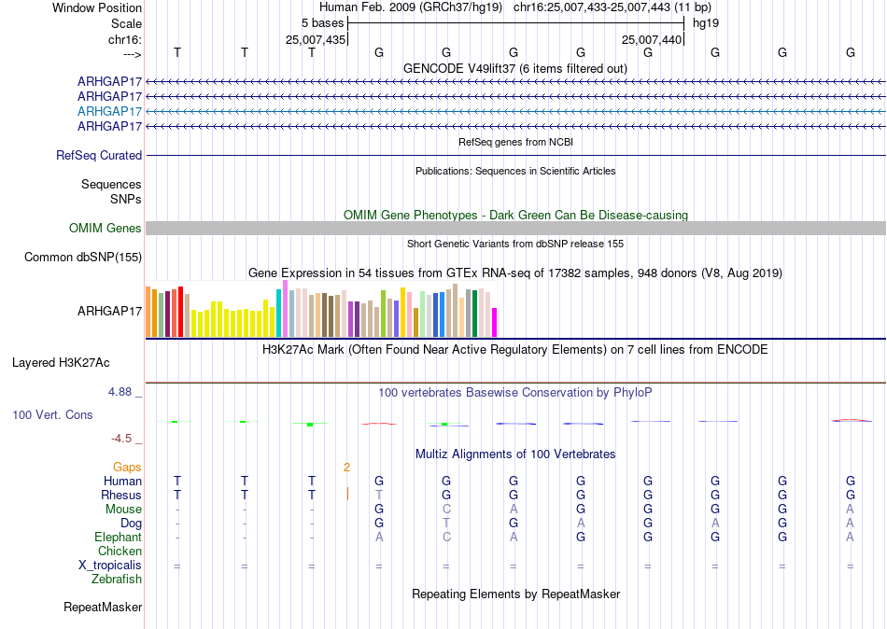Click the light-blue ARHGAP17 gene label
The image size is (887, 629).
[x=110, y=111]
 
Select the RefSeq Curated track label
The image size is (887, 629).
[x=99, y=156]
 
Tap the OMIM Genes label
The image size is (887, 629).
[x=106, y=228]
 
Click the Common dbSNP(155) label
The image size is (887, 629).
[x=83, y=258]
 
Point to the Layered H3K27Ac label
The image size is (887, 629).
[x=61, y=363]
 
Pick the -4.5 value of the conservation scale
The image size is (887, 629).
[x=121, y=439]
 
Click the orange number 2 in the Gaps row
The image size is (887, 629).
[x=346, y=468]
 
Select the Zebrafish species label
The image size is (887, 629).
[x=117, y=580]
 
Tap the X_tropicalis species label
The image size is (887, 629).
[x=110, y=566]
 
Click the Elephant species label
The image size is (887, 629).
[x=119, y=538]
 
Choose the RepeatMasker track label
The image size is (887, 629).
[x=103, y=608]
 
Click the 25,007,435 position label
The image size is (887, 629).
[x=316, y=39]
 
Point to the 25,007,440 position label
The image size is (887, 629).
[x=652, y=39]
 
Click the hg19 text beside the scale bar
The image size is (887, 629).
[x=706, y=23]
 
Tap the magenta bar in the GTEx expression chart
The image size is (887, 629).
[x=495, y=322]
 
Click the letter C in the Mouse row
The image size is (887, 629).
[x=446, y=510]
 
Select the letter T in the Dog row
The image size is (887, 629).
[x=446, y=524]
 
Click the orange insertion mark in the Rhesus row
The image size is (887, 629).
[x=347, y=495]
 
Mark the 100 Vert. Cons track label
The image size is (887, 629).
[x=52, y=415]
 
